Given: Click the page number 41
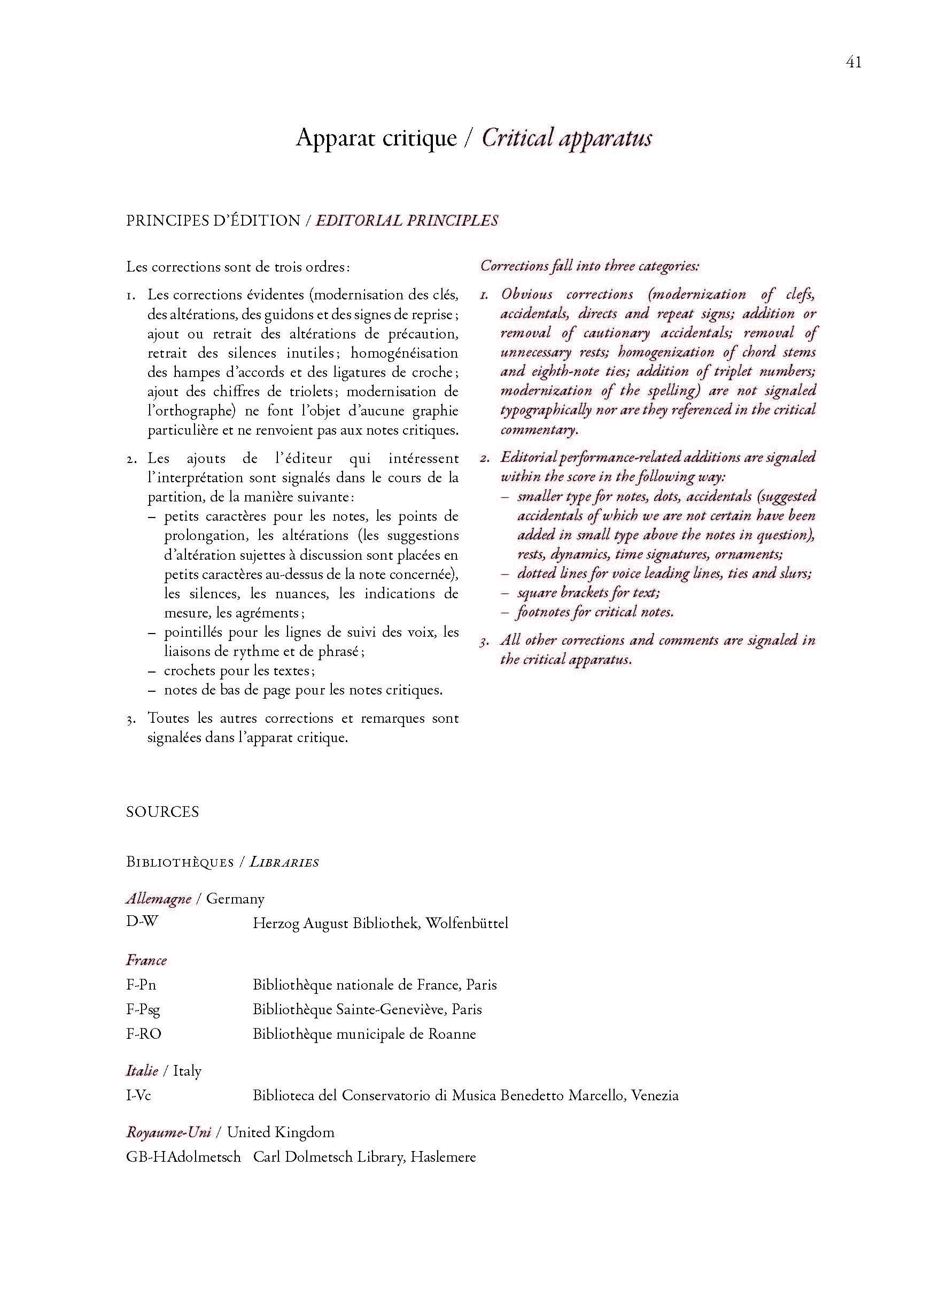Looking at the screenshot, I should point(853,62).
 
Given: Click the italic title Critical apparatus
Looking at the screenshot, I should point(566,138).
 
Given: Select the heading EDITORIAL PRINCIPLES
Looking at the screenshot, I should point(406,221).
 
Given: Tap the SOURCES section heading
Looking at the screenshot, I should point(162,812).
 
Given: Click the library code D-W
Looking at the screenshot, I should point(142,921).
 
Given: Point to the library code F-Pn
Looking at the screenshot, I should point(141,985).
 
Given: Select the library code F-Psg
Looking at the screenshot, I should point(143,1010).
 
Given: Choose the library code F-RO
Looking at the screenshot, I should point(143,1034).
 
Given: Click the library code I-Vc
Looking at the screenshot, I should point(138,1095).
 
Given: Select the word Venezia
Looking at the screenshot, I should point(655,1095).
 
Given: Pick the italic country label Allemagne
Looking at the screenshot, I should point(158,899).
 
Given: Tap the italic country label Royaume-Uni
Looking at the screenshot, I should point(168,1132).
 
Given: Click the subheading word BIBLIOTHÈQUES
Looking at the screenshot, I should point(180,862).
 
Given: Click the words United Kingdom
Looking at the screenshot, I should point(280,1132).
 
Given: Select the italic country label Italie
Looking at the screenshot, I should point(142,1071).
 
